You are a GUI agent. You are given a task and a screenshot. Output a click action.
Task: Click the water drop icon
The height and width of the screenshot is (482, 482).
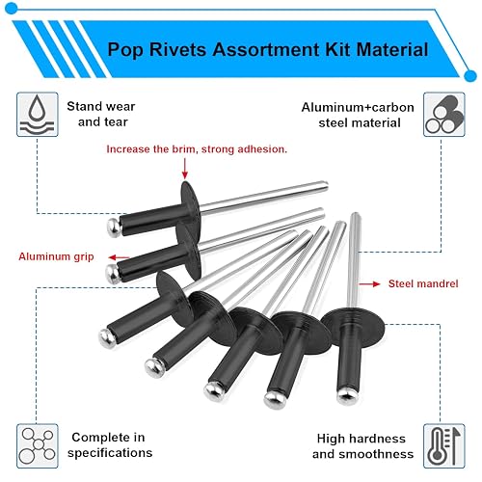(x=38, y=115)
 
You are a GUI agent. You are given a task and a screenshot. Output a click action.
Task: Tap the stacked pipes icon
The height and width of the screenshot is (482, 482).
(x=444, y=115)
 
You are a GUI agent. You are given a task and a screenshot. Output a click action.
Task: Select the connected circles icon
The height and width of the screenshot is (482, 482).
(x=38, y=446)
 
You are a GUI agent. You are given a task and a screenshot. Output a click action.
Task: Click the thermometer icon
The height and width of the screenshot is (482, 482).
(x=444, y=446)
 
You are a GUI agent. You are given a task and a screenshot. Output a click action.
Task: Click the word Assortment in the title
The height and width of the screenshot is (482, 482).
(x=266, y=50)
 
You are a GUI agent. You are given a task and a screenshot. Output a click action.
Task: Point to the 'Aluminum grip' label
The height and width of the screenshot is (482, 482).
(x=56, y=256)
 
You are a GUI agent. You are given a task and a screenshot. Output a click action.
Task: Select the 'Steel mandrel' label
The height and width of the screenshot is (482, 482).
(x=423, y=283)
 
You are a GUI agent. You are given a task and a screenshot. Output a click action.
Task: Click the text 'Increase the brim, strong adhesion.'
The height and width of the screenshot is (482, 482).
(x=197, y=149)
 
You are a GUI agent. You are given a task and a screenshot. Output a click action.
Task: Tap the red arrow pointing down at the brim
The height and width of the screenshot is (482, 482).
(x=185, y=168)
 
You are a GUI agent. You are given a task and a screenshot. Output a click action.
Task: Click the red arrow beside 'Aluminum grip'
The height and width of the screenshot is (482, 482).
(x=119, y=257)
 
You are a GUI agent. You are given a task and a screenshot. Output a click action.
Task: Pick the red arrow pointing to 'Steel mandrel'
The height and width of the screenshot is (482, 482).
(x=369, y=284)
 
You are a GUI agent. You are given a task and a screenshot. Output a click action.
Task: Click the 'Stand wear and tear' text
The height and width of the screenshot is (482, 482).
(x=101, y=114)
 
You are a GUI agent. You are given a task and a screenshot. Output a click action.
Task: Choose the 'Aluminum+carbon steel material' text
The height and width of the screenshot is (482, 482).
(x=358, y=115)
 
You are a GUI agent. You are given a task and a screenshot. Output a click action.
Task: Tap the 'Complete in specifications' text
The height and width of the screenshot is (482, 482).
(x=110, y=444)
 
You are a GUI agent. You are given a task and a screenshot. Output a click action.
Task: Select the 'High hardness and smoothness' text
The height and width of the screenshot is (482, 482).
(x=362, y=446)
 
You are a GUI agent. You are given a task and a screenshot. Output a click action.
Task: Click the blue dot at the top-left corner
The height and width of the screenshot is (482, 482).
(x=12, y=9)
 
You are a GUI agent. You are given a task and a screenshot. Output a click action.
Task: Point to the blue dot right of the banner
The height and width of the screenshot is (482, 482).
(x=470, y=75)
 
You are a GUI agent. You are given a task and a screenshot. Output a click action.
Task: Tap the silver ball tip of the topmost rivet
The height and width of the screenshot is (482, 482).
(x=114, y=228)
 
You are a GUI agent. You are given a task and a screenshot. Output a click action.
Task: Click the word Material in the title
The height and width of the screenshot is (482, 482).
(x=392, y=50)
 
